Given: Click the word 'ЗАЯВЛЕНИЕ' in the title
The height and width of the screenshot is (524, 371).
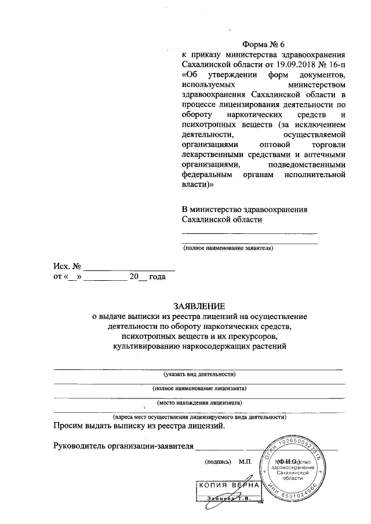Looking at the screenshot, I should (199, 306).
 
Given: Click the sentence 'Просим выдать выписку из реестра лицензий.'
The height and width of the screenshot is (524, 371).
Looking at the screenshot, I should (139, 427).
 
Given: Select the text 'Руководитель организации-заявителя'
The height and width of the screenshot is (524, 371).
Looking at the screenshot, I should (122, 446).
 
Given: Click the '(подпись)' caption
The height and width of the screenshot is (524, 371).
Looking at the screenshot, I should (217, 463).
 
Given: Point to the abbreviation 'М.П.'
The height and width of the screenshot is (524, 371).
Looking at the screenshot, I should (245, 463).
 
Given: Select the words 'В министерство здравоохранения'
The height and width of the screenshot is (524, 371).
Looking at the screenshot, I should (244, 209).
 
